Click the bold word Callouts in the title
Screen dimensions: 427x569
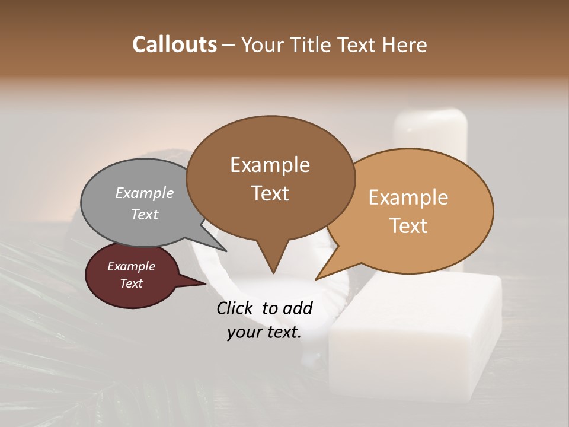click(174, 44)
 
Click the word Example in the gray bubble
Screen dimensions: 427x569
click(145, 193)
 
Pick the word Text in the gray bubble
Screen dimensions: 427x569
click(145, 214)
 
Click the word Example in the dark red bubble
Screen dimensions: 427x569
click(131, 266)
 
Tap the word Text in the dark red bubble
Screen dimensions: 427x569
click(131, 283)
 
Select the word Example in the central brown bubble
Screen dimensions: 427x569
click(270, 165)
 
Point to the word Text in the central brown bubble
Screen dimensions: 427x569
click(270, 193)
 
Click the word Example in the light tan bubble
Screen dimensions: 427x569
click(408, 197)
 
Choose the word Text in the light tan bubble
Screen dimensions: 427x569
click(408, 226)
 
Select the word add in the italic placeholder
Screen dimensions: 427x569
click(299, 308)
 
